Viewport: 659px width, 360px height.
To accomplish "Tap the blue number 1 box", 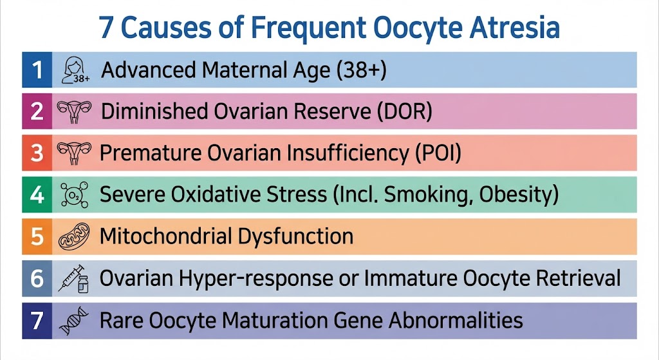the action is tap(37, 70).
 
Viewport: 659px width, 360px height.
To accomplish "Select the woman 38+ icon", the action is tap(75, 70).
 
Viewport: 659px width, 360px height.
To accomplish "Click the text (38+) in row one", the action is tap(362, 70).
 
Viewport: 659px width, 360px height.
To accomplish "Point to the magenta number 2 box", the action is tap(37, 111).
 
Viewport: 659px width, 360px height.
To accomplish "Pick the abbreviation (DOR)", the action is tap(404, 111).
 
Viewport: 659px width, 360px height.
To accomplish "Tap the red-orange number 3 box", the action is tap(37, 153).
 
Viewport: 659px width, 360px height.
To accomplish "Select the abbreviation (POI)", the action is tap(438, 153).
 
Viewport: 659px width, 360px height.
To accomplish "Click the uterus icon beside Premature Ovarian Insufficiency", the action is tap(74, 153).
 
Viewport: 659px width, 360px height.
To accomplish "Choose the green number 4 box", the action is tap(37, 194).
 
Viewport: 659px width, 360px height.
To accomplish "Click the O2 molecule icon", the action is tap(75, 194).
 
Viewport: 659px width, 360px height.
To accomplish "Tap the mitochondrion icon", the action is tap(74, 236).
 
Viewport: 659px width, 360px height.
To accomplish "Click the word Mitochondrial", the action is tap(165, 236).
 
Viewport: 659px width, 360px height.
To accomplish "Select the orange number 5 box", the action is tap(37, 236).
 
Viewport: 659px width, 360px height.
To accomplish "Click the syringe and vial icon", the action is tap(73, 278).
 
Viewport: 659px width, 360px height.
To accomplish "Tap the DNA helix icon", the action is tap(74, 321).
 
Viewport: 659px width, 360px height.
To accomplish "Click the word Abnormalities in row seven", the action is tap(456, 320).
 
